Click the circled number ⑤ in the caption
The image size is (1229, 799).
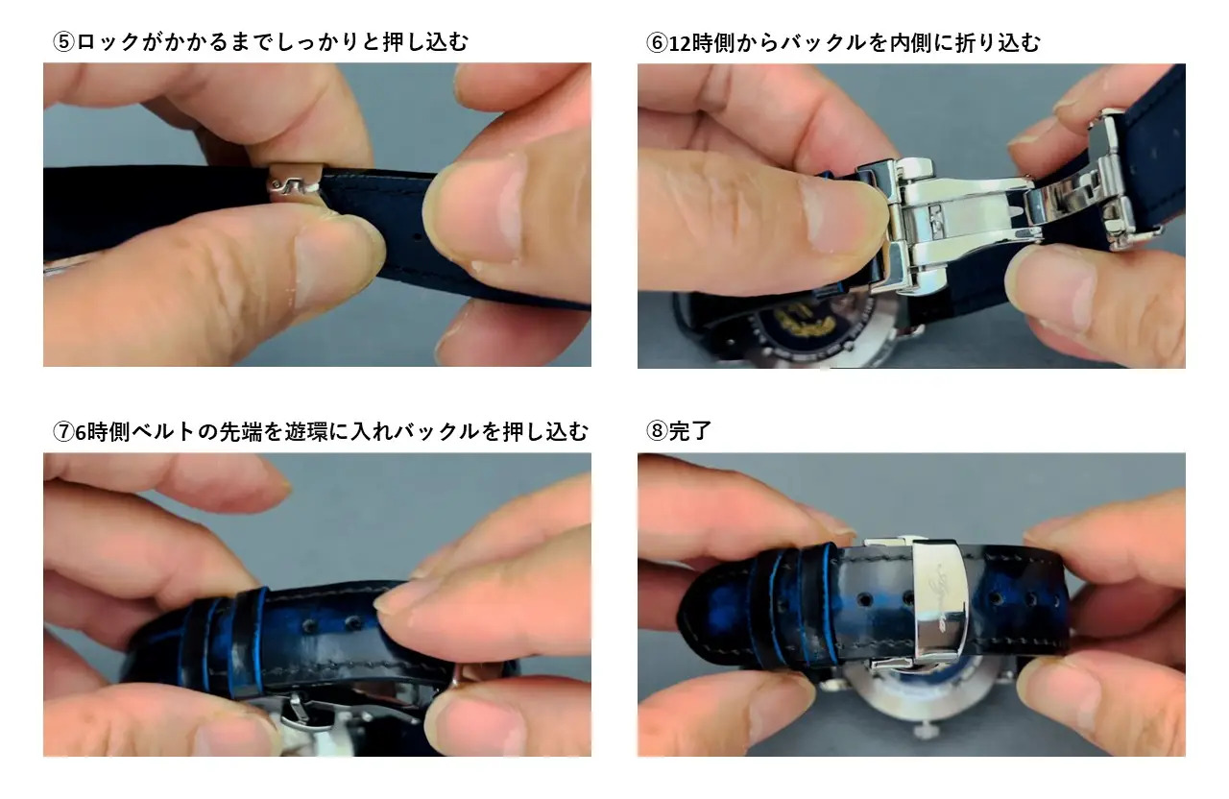[63, 41]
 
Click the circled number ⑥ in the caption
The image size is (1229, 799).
[657, 43]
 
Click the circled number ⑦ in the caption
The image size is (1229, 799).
[63, 432]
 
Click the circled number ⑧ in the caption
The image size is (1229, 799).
[657, 431]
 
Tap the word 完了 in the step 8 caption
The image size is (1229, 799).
[689, 431]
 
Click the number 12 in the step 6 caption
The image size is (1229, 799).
[680, 43]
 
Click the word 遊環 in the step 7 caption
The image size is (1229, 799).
[306, 432]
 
